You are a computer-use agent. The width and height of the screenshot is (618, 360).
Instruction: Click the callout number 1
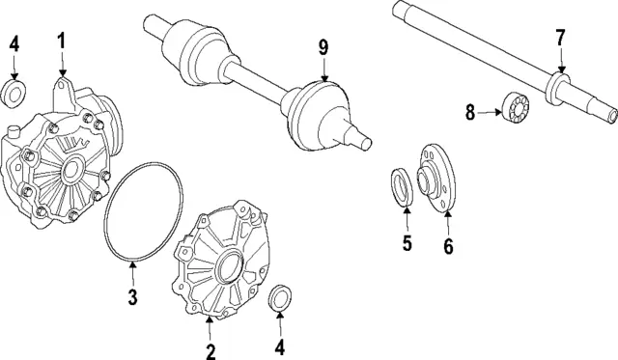61,42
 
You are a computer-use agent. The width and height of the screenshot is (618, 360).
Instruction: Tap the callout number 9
323,47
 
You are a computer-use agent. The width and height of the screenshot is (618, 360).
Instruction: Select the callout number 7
560,39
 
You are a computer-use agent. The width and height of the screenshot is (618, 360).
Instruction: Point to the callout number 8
470,112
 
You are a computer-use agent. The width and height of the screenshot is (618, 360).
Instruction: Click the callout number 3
133,296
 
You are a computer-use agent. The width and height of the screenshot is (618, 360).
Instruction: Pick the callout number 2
211,351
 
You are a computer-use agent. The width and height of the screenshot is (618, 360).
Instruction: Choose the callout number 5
407,242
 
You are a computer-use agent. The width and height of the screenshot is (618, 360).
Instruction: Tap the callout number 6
448,246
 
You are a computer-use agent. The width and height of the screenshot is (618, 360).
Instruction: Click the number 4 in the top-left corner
14,44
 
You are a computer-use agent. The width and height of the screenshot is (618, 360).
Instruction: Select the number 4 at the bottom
279,347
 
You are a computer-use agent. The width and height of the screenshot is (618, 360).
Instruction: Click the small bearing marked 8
516,104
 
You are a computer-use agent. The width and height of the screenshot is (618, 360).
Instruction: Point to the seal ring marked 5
402,186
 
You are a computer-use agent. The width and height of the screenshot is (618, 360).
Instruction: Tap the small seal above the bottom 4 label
280,297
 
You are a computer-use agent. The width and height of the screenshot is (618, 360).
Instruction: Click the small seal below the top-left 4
14,94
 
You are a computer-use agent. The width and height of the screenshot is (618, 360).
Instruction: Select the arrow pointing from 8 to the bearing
490,113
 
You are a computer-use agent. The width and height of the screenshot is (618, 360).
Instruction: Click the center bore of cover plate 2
231,267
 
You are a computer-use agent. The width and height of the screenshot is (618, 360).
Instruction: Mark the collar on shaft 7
557,89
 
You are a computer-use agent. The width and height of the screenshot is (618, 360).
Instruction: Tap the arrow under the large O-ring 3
133,274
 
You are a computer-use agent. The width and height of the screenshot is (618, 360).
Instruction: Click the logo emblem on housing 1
73,145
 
